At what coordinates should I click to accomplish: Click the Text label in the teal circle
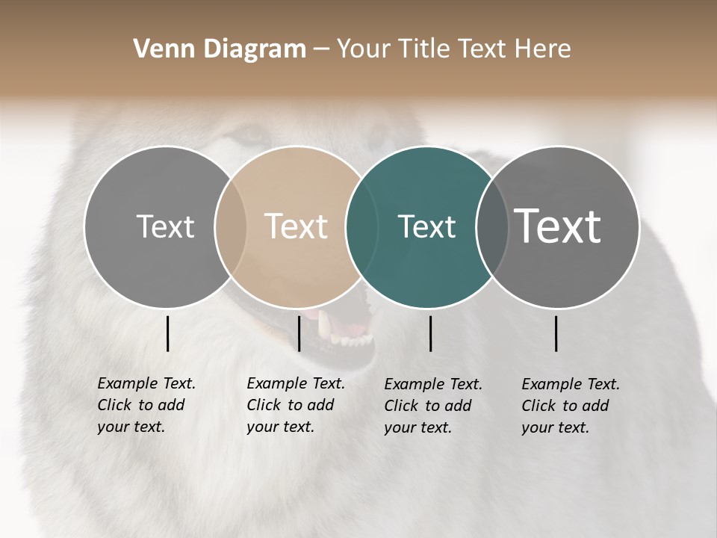pos(426,226)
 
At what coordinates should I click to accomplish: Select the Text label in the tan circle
pos(296,226)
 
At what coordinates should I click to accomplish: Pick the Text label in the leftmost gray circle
pos(165,226)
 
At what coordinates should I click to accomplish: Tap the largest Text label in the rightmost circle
pos(558,226)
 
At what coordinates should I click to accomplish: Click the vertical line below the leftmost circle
pos(168,333)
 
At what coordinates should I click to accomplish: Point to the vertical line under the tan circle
pos(299,333)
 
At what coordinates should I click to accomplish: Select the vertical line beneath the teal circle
pos(430,333)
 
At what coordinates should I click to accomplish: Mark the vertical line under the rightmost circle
pos(556,333)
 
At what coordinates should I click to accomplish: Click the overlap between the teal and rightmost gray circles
pos(491,227)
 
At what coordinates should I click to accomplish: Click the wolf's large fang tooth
pos(323,326)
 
